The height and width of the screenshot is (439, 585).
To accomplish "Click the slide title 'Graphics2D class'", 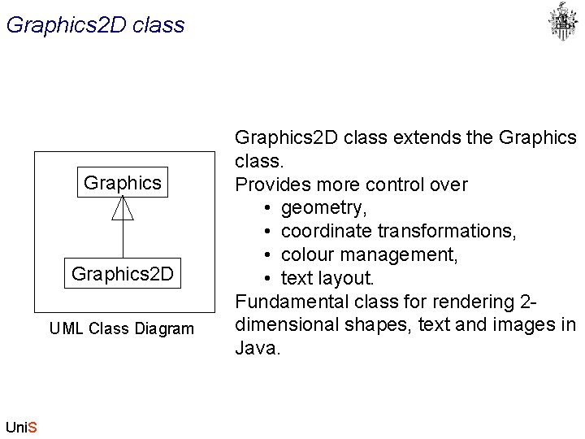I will click(x=95, y=25).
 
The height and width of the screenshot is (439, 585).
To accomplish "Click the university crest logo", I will click(x=562, y=21).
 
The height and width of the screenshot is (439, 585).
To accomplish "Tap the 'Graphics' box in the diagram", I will click(x=123, y=183).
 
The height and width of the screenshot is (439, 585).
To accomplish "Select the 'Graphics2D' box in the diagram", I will click(x=123, y=274).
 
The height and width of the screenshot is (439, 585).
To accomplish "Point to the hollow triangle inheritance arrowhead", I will click(x=123, y=209).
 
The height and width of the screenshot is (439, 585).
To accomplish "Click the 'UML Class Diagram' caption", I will click(x=122, y=329).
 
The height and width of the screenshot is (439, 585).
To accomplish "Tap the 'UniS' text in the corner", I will click(x=21, y=427).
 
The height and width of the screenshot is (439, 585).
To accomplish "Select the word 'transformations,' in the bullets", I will click(x=447, y=231).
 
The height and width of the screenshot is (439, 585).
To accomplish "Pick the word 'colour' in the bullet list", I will click(x=309, y=254).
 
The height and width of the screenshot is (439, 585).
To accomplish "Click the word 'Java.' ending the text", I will click(x=258, y=349).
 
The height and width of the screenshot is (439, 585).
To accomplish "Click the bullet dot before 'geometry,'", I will click(x=267, y=208).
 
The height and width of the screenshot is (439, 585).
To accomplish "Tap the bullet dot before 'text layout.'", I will click(x=267, y=278).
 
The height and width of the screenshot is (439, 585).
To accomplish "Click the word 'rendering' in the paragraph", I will click(x=472, y=302).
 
